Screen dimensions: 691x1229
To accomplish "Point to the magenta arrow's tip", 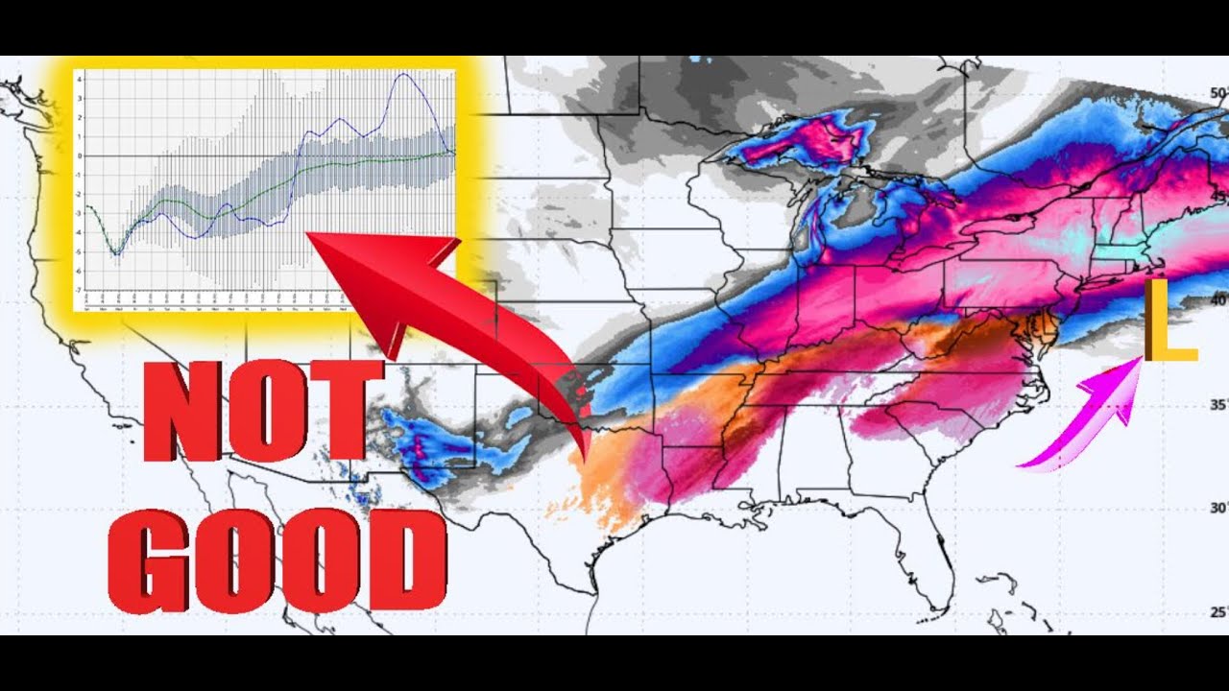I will (x=1138, y=363).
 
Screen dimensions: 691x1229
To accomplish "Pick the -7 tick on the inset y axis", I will (x=81, y=290).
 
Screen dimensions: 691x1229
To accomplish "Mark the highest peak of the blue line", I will (x=406, y=75).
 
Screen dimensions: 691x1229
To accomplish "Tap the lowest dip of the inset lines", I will (x=116, y=254).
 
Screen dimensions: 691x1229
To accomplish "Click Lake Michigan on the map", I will (x=811, y=226).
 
